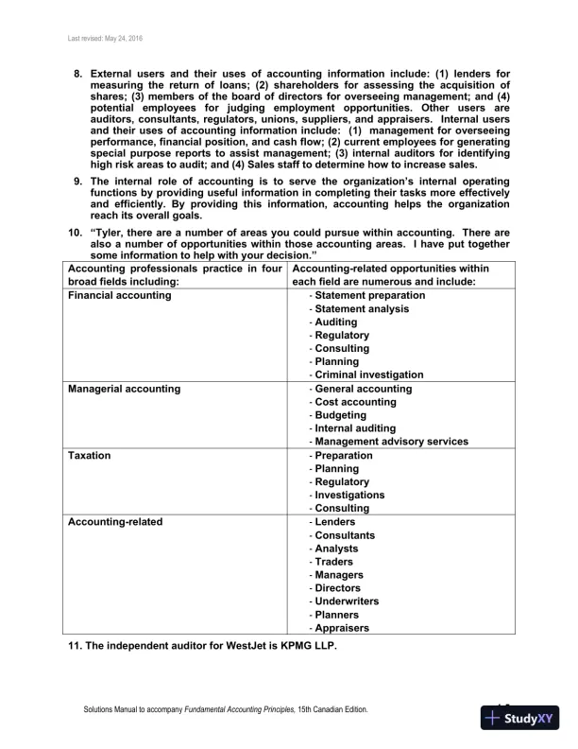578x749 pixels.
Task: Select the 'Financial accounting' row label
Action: pyautogui.click(x=120, y=296)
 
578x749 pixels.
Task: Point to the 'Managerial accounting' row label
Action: pyautogui.click(x=125, y=389)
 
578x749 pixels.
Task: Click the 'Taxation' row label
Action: pyautogui.click(x=90, y=456)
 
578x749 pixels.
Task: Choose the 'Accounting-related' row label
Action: pyautogui.click(x=115, y=522)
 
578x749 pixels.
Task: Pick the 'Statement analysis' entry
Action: pyautogui.click(x=364, y=309)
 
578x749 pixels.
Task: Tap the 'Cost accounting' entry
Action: pyautogui.click(x=355, y=402)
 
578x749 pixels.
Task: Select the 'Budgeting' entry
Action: pyautogui.click(x=342, y=415)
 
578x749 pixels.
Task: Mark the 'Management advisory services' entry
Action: pyautogui.click(x=391, y=442)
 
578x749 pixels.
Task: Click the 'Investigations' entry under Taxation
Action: pyautogui.click(x=349, y=495)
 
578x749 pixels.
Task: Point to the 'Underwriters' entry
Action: pyautogui.click(x=347, y=601)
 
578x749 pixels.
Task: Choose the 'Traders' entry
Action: pyautogui.click(x=334, y=561)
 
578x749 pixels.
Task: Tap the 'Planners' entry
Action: pyautogui.click(x=336, y=614)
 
